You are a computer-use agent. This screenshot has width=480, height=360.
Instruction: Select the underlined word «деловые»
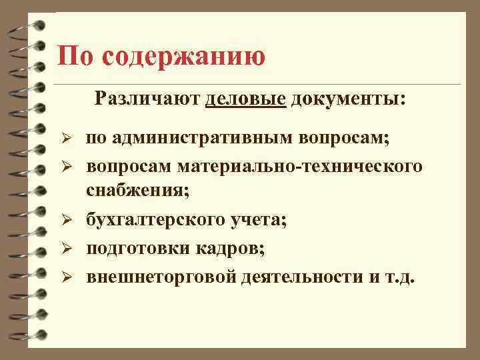click(x=246, y=99)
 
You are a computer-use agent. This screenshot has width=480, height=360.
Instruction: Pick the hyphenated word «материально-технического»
click(x=300, y=165)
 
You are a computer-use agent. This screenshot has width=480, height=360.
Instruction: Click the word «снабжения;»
click(x=137, y=191)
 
